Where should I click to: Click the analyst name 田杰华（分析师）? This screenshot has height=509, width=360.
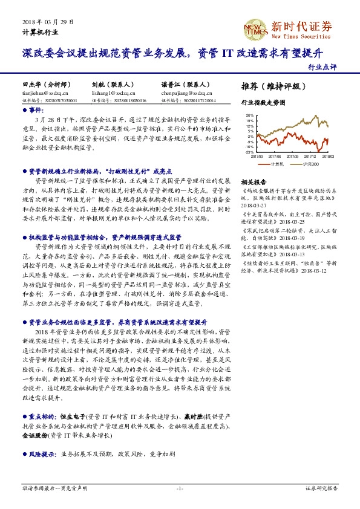(46, 86)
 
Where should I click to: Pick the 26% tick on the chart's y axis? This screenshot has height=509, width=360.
(249, 114)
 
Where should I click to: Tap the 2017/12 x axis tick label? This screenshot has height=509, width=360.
(310, 155)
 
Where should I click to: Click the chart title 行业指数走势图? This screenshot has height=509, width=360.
(262, 103)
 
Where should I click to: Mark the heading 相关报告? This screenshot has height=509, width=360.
(253, 181)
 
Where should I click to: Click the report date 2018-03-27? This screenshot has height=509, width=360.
(255, 205)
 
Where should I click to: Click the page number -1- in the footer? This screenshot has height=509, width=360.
(180, 487)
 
